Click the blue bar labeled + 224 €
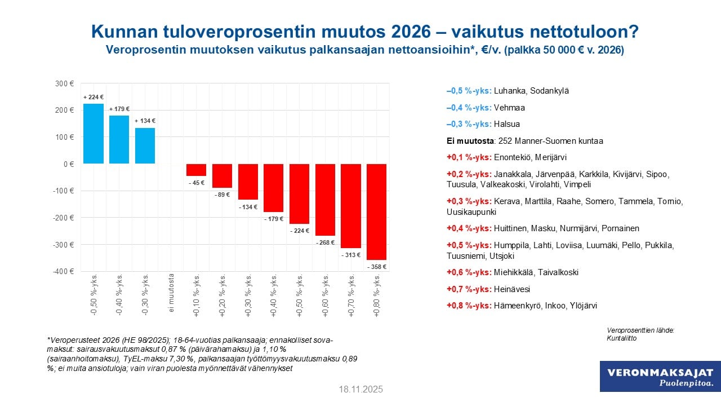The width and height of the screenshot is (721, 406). [94, 134]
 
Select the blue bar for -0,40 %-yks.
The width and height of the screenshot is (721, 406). [119, 139]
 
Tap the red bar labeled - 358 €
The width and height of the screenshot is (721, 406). [376, 211]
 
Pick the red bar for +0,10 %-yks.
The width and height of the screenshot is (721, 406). [197, 170]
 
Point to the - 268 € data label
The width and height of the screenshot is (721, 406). [325, 243]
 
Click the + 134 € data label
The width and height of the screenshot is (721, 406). [145, 121]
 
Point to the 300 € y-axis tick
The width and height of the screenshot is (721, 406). [65, 84]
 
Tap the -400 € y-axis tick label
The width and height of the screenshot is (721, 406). [64, 271]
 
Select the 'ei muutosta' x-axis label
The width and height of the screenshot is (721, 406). [171, 293]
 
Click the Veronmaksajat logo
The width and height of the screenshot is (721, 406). [660, 377]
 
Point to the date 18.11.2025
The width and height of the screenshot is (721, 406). [360, 390]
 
